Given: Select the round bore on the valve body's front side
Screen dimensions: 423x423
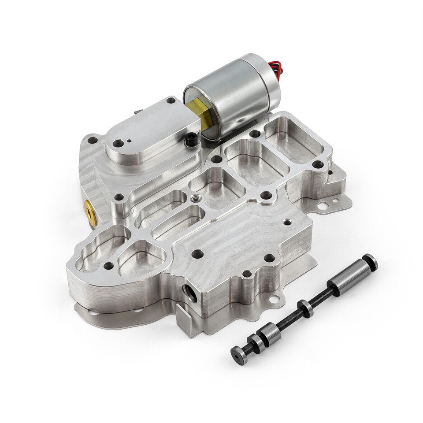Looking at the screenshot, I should [x=188, y=293].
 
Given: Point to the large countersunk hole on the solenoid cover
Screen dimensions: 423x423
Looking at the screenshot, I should [x=119, y=143].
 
